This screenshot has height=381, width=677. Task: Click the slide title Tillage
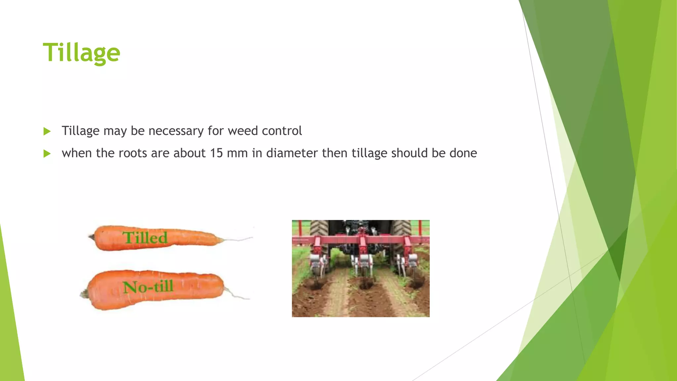coord(81,53)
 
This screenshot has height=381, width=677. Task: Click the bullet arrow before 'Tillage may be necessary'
coord(47,131)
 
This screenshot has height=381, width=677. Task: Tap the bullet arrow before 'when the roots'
coord(47,153)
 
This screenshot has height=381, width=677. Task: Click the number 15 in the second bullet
coord(217,153)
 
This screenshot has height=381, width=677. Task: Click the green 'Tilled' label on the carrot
coord(145,238)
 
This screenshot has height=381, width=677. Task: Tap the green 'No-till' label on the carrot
coord(148,286)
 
